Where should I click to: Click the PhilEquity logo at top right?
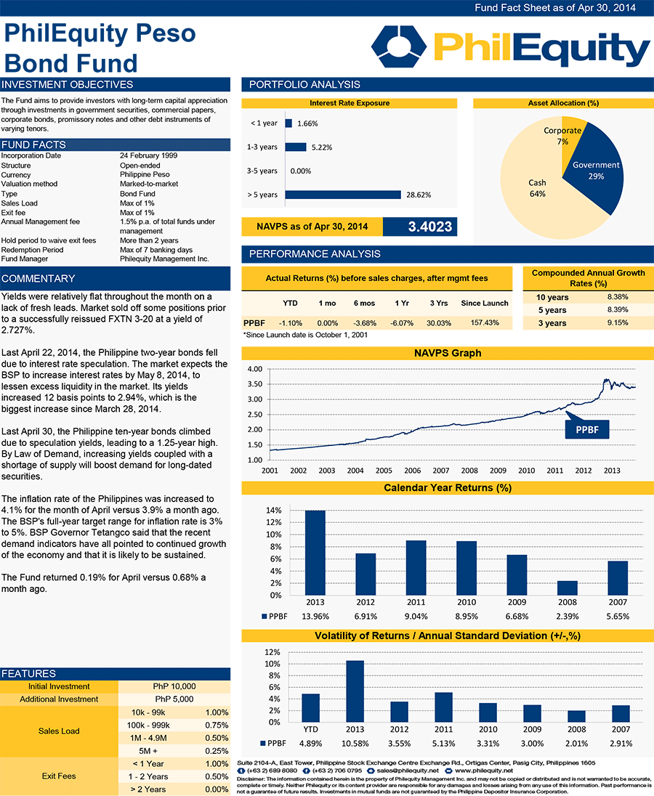coord(510,49)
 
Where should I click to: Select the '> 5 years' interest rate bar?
coord(344,195)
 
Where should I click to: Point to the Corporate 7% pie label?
coord(562,136)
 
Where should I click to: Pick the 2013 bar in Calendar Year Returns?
coord(315,553)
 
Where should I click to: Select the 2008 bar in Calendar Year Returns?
coord(568,588)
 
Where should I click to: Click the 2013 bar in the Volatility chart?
coord(355,691)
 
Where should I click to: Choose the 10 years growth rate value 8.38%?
coord(617,297)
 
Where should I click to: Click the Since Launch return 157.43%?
coord(485,322)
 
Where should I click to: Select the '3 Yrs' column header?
coord(437,303)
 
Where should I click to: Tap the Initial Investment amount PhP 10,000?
coord(174,686)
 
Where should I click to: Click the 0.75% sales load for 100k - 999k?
coord(217,725)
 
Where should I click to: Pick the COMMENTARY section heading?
coord(39,278)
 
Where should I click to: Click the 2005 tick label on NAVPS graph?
coord(383,471)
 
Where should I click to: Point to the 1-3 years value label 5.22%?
coord(321,147)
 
